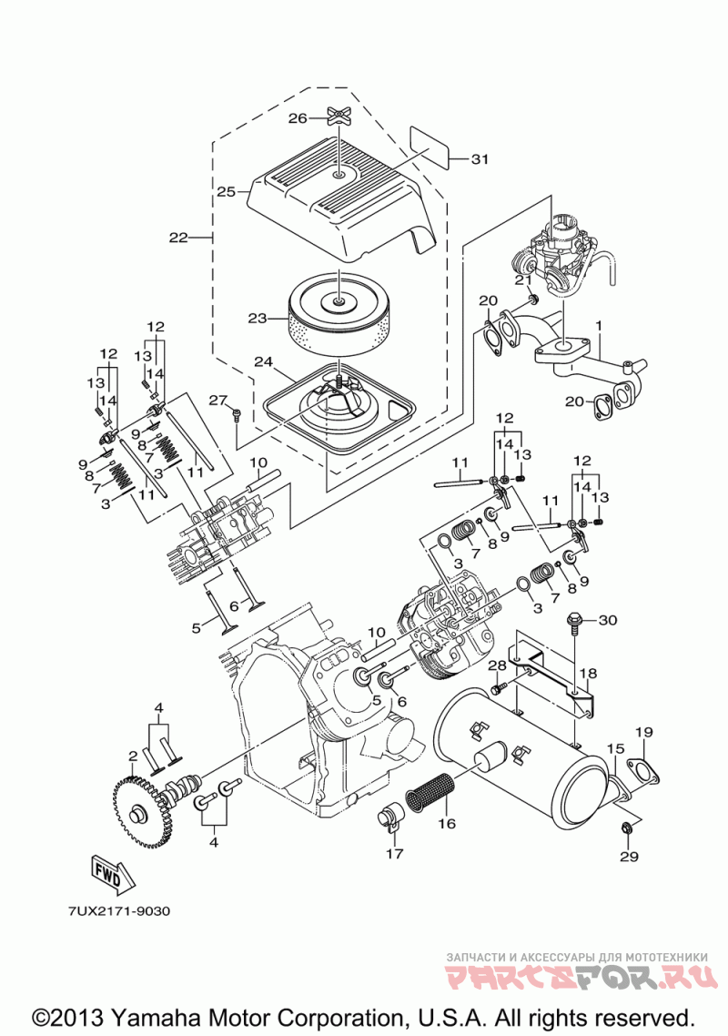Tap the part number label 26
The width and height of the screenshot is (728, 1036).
[298, 117]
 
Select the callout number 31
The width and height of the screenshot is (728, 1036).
[480, 159]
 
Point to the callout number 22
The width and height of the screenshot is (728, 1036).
[178, 238]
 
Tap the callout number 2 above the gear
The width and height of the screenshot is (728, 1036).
[133, 756]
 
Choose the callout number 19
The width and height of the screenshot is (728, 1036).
[644, 731]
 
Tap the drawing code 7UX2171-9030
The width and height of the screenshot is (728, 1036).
[118, 911]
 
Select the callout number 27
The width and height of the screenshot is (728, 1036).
[218, 401]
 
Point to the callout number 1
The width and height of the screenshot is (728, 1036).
[599, 326]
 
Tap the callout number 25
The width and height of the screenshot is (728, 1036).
[226, 191]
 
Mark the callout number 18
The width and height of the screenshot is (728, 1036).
[589, 674]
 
